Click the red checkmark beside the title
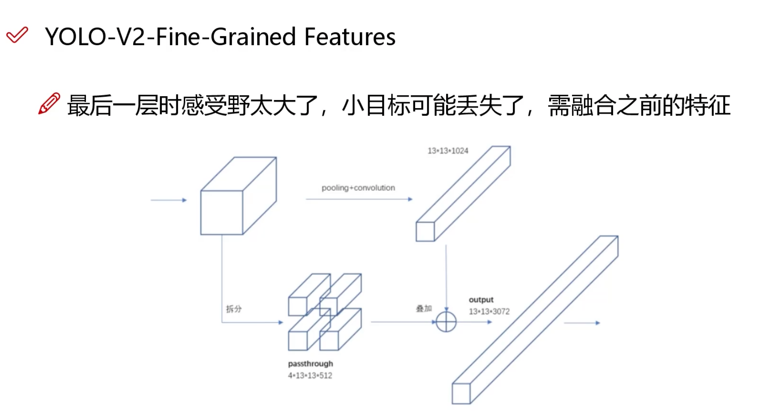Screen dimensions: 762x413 17,35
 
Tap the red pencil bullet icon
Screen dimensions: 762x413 49,103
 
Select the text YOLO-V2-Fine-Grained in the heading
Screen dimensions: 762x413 170,37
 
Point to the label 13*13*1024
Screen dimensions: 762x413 448,151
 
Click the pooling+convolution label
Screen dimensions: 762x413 358,188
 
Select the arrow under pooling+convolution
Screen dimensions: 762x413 359,199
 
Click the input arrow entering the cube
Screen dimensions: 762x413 169,200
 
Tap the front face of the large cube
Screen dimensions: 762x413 222,212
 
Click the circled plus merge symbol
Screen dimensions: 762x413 446,322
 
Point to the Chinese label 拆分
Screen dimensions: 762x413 234,309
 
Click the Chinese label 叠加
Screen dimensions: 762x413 424,308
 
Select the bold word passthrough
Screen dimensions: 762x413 310,364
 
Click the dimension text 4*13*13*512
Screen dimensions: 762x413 310,376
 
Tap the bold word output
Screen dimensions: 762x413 481,300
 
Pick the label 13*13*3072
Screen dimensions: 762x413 489,312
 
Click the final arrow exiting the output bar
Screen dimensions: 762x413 582,323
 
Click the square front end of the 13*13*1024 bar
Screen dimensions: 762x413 425,232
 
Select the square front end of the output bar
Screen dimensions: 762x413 461,393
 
